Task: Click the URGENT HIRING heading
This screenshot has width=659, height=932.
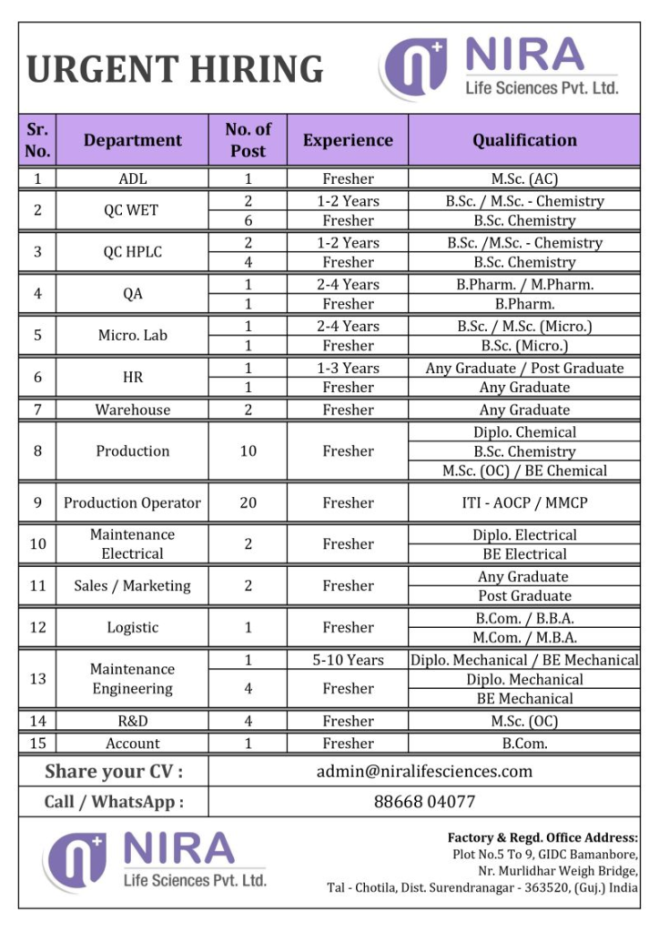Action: click(175, 70)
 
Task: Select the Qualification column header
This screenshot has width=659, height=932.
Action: click(524, 140)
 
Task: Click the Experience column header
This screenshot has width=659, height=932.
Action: click(348, 140)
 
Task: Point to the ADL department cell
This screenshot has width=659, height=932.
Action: click(133, 179)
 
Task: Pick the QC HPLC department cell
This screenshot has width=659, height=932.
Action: click(133, 252)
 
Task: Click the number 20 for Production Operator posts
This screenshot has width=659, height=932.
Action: click(248, 502)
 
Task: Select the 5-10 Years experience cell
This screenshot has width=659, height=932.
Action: click(348, 661)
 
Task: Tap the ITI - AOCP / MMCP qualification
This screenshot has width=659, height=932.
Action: click(524, 502)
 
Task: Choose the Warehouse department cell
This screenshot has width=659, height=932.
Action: click(133, 410)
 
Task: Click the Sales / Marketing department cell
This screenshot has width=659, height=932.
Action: click(133, 586)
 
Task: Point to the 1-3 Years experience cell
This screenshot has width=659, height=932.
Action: click(348, 369)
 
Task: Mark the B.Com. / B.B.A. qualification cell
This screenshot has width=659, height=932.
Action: click(524, 619)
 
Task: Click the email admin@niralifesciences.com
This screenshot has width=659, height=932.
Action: click(424, 772)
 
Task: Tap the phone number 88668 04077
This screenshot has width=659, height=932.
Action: click(424, 802)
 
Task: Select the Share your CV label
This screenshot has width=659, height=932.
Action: click(114, 772)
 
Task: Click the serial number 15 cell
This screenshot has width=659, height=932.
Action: click(37, 744)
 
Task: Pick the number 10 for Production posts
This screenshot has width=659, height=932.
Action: click(248, 451)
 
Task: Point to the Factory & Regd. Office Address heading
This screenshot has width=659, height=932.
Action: click(542, 837)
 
